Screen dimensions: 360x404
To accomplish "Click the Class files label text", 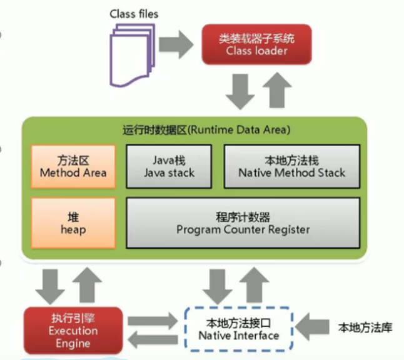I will click(134, 13).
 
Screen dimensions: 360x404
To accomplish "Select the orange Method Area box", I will click(73, 166).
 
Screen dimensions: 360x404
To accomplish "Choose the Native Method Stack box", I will click(291, 166).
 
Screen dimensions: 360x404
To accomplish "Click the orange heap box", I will click(73, 223).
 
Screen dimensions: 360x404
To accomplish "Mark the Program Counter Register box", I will click(243, 223).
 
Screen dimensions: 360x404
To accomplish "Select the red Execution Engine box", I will click(73, 330).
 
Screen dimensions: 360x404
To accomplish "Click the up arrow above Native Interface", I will click(255, 285).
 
